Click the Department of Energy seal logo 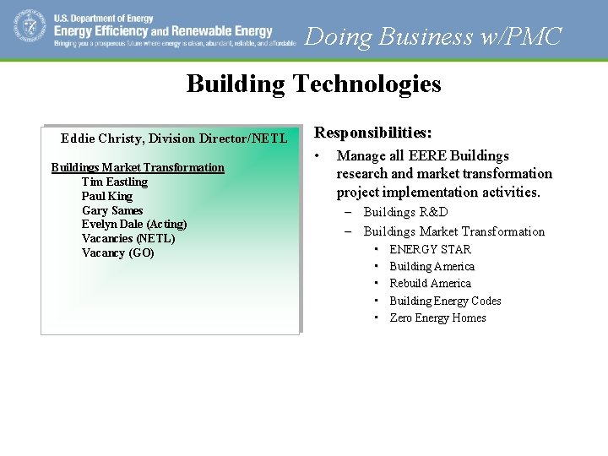pos(30,26)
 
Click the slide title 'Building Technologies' pos(313,84)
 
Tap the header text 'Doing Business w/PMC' pos(433,36)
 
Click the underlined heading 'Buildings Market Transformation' pos(138,167)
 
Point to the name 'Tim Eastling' pos(115,182)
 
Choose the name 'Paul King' pos(107,196)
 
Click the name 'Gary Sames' pos(112,210)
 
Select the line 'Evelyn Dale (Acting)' pos(134,224)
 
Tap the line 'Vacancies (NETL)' pos(128,238)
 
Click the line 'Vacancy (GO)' pos(118,252)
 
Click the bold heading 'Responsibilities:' pos(373,133)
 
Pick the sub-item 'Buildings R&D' pos(405,212)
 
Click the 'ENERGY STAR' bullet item pos(430,249)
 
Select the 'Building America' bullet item pos(432,266)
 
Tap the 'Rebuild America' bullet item pos(430,283)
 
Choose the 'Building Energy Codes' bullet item pos(445,301)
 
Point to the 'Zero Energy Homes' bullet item pos(437,318)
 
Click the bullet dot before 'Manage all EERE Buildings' pos(318,156)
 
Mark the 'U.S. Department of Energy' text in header pos(104,18)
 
